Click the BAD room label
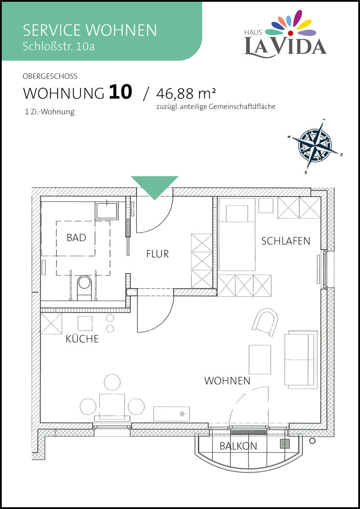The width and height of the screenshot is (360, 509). coord(76,237)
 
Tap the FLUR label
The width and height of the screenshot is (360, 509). coord(157,254)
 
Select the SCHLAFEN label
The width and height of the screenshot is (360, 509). coord(286,241)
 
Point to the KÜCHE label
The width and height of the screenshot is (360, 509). coord(82,339)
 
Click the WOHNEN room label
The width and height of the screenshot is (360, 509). coord(227,381)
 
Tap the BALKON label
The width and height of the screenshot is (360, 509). coord(238,446)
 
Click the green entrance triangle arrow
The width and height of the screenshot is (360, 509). coord(155,188)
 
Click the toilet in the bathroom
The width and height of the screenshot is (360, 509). coord(85,287)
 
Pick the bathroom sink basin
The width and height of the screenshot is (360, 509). coord(107,210)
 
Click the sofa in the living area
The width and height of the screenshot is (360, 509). coord(301,360)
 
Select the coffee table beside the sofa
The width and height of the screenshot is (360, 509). coord(260,359)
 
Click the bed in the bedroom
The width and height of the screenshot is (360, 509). coord(237,234)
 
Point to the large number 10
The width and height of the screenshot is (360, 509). coord(120,92)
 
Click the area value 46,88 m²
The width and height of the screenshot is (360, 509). coord(186,94)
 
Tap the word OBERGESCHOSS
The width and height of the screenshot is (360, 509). coord(50,76)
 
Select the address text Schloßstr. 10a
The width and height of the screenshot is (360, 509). coord(58,46)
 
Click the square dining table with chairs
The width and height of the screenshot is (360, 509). coord(112,404)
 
